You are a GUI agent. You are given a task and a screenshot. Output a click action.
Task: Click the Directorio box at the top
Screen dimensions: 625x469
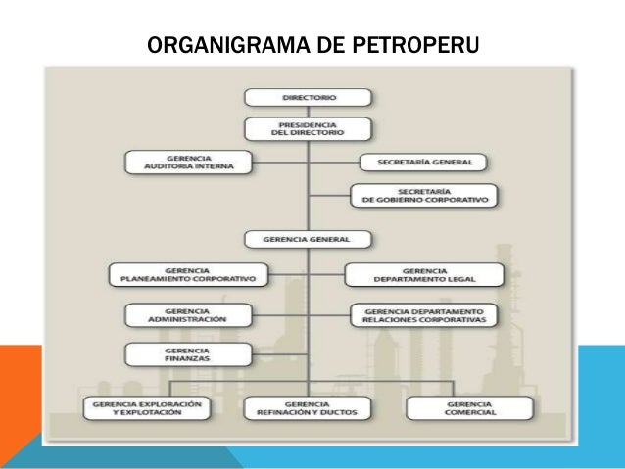click(308, 97)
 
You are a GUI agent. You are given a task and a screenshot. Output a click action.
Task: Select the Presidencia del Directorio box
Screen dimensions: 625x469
click(308, 129)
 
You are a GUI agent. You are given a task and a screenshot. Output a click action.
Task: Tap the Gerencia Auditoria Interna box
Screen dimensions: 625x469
click(187, 162)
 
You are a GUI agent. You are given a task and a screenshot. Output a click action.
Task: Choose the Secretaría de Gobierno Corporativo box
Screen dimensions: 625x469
click(423, 195)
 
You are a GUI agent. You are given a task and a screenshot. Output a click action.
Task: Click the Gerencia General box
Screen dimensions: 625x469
click(308, 238)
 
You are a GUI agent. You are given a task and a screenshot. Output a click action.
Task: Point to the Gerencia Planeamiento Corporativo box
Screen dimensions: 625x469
click(187, 274)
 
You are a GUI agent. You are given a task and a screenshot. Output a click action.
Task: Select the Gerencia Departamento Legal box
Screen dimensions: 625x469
click(424, 274)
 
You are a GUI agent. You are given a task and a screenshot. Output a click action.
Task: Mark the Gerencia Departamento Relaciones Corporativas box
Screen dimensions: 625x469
click(424, 314)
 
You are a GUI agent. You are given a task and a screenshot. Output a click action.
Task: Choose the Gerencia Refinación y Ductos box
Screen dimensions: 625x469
click(307, 408)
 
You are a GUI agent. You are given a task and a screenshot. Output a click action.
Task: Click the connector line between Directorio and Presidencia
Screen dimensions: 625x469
click(308, 112)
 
